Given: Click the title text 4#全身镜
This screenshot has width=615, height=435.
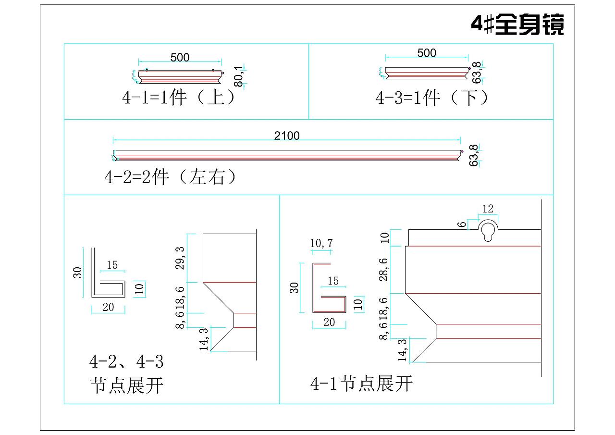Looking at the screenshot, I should (x=517, y=25).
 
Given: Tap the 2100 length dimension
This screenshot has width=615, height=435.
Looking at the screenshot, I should (x=287, y=136).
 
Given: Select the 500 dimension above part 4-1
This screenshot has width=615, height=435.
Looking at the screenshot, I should (x=180, y=58).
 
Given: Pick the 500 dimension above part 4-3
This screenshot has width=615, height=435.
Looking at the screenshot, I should (x=427, y=53).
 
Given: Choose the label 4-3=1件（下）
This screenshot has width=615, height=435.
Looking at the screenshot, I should (x=432, y=98).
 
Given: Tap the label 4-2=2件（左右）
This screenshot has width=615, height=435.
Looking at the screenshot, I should (x=171, y=177).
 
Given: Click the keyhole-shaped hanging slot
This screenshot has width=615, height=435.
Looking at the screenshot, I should (x=488, y=230).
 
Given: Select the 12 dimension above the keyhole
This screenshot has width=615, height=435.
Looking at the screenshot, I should (x=488, y=209).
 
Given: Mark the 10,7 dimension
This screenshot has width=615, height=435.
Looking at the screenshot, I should (x=321, y=244).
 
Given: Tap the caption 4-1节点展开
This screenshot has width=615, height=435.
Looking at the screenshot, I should (x=361, y=384).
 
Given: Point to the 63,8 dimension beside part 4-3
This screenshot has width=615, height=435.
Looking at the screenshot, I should (x=476, y=72).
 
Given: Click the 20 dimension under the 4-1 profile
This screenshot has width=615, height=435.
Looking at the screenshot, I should (x=329, y=323).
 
